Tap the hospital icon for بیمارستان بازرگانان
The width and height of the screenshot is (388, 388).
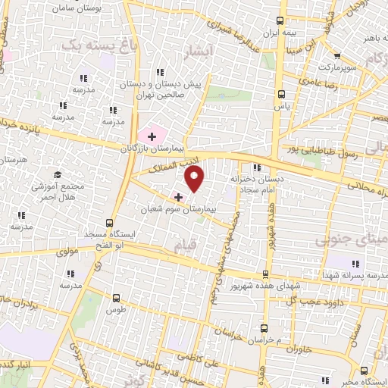pos(152,136)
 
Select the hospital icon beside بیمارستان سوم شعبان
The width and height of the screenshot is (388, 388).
pos(178,196)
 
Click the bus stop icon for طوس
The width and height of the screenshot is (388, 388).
pos(116,298)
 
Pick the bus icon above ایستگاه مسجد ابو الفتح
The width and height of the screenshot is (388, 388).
pos(111,223)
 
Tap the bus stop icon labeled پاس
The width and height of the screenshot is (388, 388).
pos(281,95)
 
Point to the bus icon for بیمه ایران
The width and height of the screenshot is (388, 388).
pos(281,20)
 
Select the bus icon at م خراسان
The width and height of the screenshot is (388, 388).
pos(264,328)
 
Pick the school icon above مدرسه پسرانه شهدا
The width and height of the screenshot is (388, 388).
pos(355,264)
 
